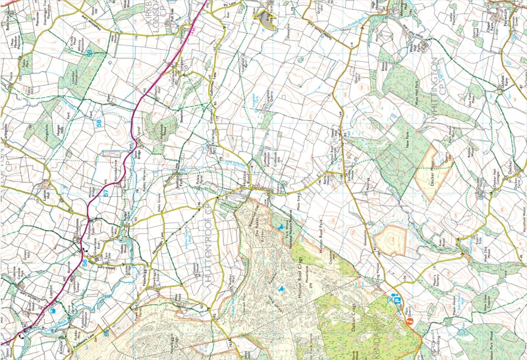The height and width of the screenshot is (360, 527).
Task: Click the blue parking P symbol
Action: click(x=397, y=300)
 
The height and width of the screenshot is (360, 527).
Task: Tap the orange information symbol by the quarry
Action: click(x=409, y=322)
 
